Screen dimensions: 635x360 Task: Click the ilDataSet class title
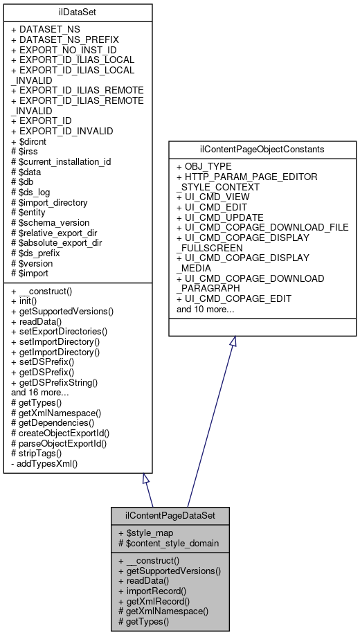pos(78,12)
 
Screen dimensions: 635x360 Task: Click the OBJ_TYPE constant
pos(208,167)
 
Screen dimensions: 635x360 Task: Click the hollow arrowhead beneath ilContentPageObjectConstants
pos(233,341)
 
